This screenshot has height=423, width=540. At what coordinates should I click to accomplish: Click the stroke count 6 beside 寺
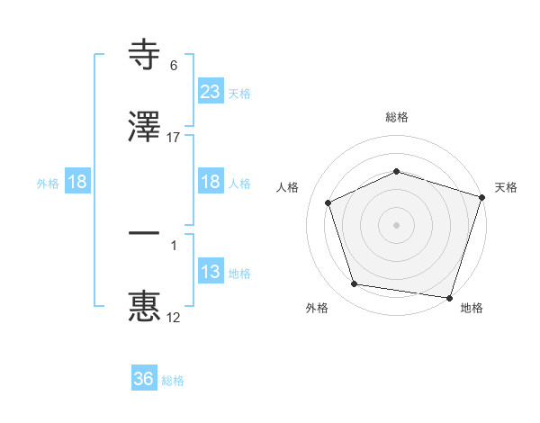(x=173, y=66)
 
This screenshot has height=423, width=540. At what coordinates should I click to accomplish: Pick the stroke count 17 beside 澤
(x=174, y=138)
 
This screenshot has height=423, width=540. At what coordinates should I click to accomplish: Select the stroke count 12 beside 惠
(x=174, y=317)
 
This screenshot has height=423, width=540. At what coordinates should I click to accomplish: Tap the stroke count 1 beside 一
(x=173, y=243)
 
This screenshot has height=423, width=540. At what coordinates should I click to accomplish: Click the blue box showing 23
(x=210, y=92)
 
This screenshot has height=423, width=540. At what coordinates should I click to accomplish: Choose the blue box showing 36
(x=143, y=379)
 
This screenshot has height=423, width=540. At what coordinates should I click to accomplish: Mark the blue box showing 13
(x=210, y=272)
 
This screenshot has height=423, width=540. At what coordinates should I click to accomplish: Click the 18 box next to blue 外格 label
(x=77, y=182)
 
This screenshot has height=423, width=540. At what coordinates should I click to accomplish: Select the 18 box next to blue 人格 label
(x=210, y=182)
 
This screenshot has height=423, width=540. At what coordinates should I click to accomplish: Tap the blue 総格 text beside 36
(x=173, y=381)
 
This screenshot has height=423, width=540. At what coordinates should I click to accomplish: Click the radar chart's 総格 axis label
(x=396, y=117)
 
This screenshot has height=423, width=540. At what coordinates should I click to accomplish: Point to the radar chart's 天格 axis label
(x=507, y=187)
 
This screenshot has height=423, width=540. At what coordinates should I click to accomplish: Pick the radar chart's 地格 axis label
(x=472, y=308)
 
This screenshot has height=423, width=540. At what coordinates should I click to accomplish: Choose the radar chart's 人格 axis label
(x=287, y=187)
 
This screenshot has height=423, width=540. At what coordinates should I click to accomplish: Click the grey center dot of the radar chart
(x=396, y=224)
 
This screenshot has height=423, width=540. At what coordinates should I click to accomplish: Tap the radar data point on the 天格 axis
(x=481, y=196)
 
